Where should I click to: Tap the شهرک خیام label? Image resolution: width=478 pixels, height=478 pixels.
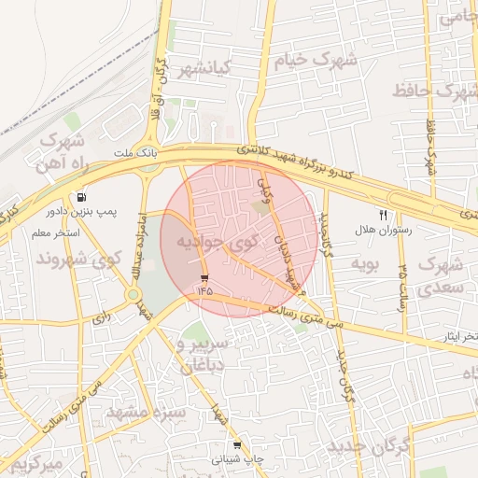[315, 62]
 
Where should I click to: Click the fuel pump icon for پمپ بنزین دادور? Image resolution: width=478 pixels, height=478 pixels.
[83, 198]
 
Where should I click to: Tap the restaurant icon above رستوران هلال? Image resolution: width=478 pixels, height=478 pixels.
[382, 215]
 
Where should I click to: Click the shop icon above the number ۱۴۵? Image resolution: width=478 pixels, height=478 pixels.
[204, 277]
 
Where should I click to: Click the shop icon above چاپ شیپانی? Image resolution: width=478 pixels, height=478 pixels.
[236, 446]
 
